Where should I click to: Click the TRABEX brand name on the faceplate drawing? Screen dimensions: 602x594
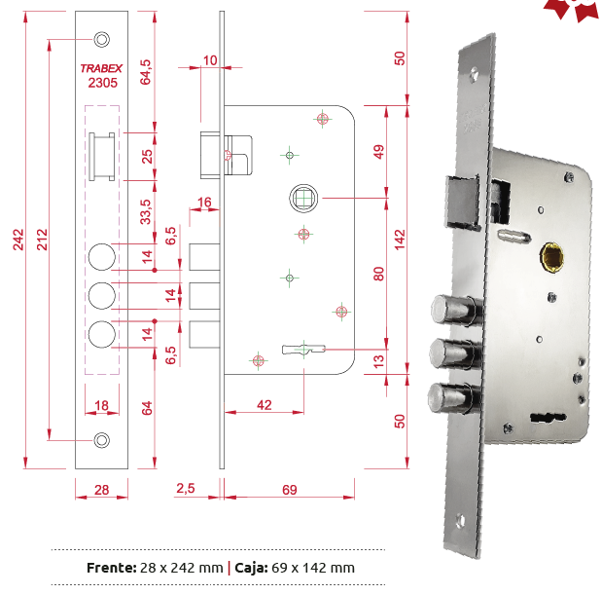[101, 68]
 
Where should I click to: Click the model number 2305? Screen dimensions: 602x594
[102, 83]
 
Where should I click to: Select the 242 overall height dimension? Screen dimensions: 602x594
[18, 240]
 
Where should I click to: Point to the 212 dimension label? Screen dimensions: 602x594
[42, 240]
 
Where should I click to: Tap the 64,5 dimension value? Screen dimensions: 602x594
[145, 72]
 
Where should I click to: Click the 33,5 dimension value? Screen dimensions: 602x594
[145, 211]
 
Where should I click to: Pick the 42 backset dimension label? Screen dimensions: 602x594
[265, 405]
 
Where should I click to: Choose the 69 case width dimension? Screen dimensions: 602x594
[290, 490]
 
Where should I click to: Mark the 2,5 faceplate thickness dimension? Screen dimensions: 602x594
[186, 488]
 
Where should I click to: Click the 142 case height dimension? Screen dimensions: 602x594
[400, 240]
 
